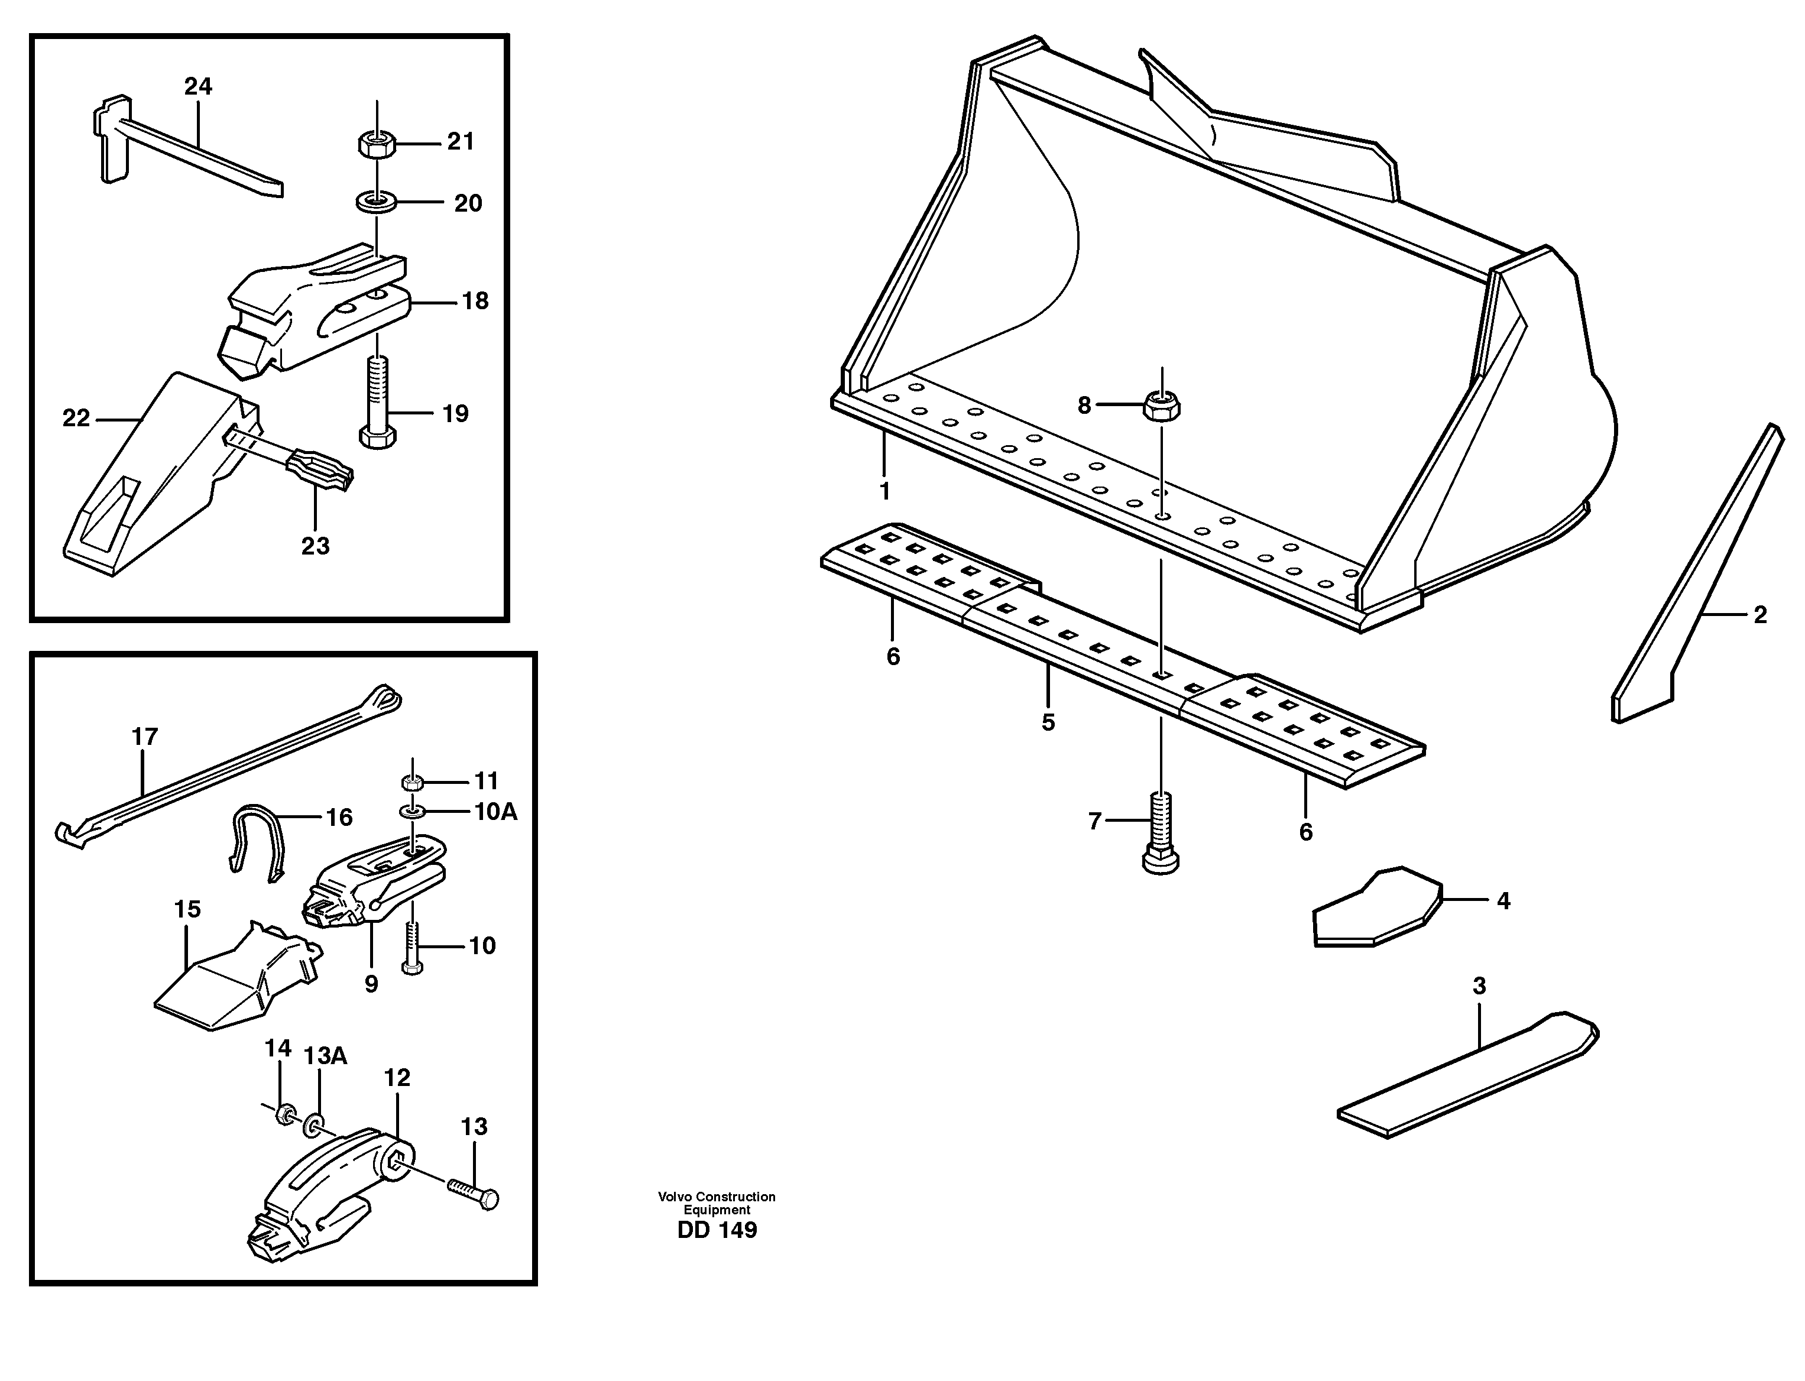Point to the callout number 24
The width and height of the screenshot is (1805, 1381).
(x=198, y=86)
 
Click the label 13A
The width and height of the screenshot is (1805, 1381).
(x=326, y=1056)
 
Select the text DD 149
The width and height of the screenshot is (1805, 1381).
(x=717, y=1231)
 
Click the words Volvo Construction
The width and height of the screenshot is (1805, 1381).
(x=716, y=1197)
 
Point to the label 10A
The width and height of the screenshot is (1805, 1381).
(x=495, y=812)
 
